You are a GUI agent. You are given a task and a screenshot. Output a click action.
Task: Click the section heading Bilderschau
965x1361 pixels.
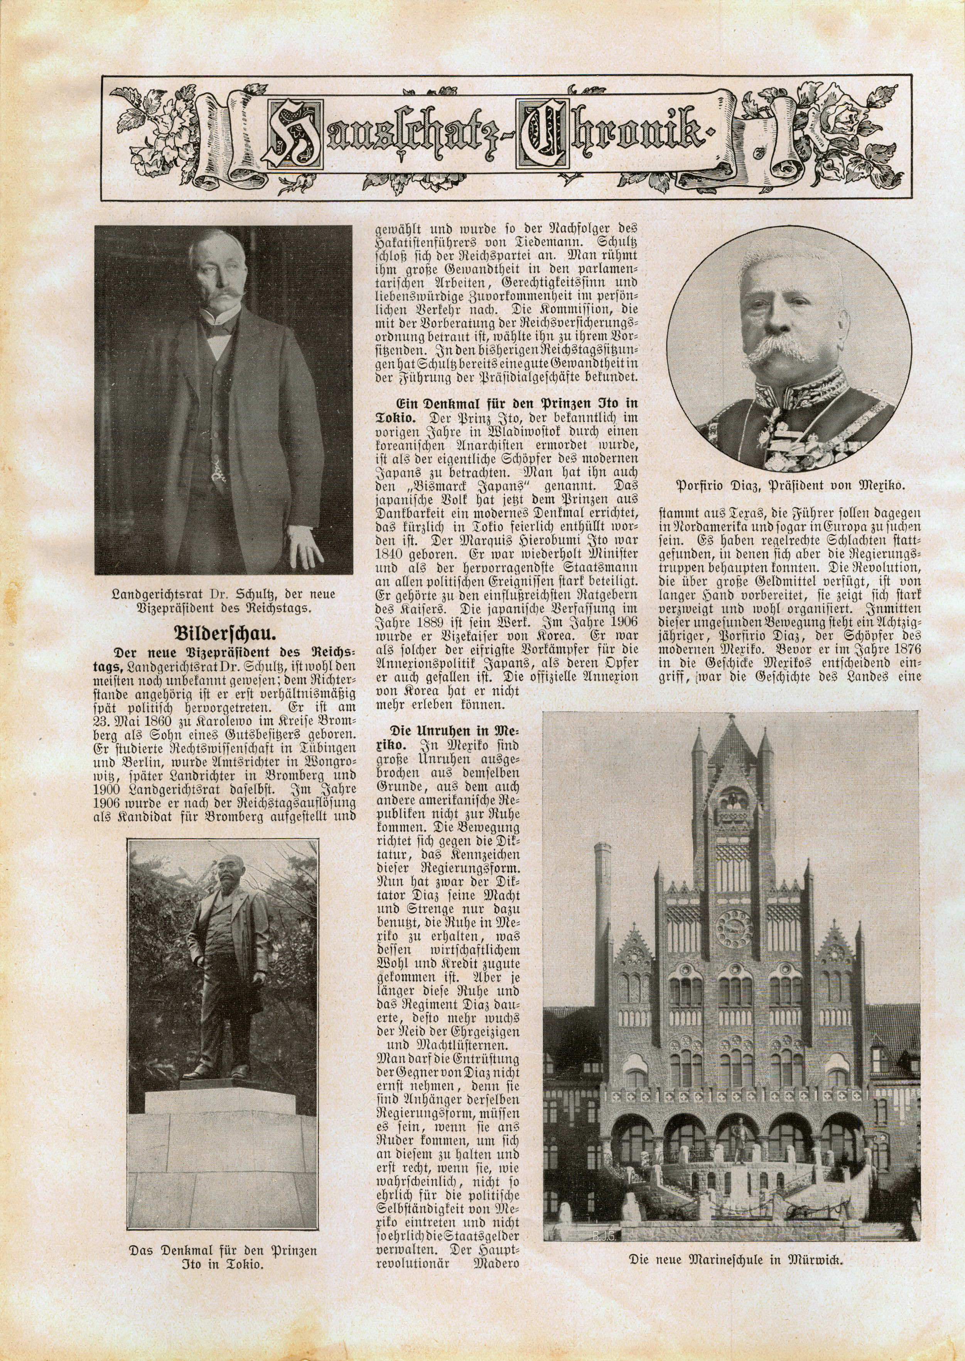click(x=223, y=632)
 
